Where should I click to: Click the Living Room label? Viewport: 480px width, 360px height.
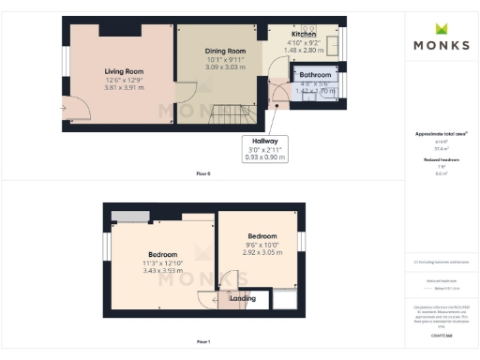(x=122, y=69)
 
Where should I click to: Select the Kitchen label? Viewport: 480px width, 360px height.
(x=303, y=35)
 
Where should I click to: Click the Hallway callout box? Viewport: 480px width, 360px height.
(x=265, y=148)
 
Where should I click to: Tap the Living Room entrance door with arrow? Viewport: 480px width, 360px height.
(x=75, y=110)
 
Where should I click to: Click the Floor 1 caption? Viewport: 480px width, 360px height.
(x=203, y=342)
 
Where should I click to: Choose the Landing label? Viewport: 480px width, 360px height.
(x=243, y=298)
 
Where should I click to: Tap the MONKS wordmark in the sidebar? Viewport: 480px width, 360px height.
(x=442, y=44)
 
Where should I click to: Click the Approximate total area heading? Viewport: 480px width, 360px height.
(x=441, y=134)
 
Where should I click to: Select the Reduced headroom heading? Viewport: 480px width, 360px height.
(x=441, y=160)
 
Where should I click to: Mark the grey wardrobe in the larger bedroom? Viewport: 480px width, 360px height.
(x=129, y=217)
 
